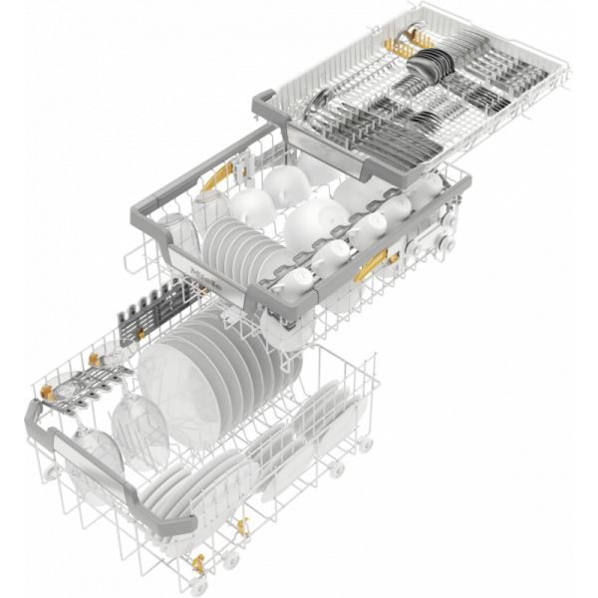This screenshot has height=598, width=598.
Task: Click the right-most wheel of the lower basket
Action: pos(367,444)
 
